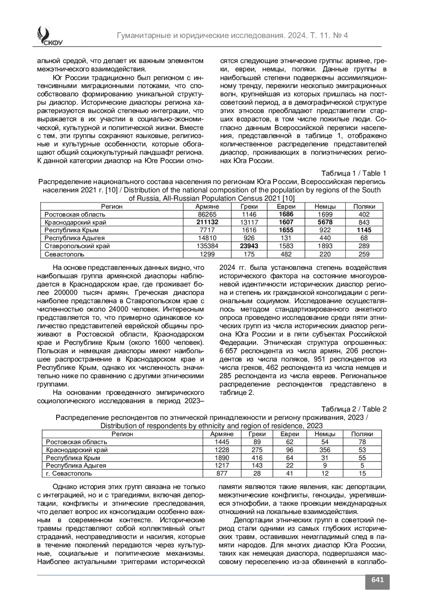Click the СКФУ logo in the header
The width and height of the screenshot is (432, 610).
pyautogui.click(x=48, y=36)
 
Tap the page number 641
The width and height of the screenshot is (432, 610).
pyautogui.click(x=377, y=579)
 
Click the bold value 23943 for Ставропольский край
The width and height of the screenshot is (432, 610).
pyautogui.click(x=249, y=246)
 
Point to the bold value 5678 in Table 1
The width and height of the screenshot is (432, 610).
pyautogui.click(x=325, y=222)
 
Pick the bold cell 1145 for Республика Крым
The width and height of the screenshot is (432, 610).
pyautogui.click(x=364, y=230)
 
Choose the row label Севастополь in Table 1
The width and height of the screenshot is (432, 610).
pyautogui.click(x=64, y=254)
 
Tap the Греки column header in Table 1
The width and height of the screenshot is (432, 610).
pyautogui.click(x=249, y=206)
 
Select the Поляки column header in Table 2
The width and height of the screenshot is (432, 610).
pyautogui.click(x=362, y=434)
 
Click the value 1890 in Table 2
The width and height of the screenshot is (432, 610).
pyautogui.click(x=222, y=458)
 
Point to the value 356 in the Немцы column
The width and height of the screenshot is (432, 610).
pyautogui.click(x=325, y=450)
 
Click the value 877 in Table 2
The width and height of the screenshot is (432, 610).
pyautogui.click(x=222, y=473)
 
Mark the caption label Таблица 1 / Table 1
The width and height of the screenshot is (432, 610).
pyautogui.click(x=354, y=173)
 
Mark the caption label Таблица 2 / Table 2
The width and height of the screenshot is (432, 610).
pyautogui.click(x=354, y=409)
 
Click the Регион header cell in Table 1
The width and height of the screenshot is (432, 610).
pyautogui.click(x=112, y=206)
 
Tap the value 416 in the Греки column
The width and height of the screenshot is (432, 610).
pyautogui.click(x=257, y=458)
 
